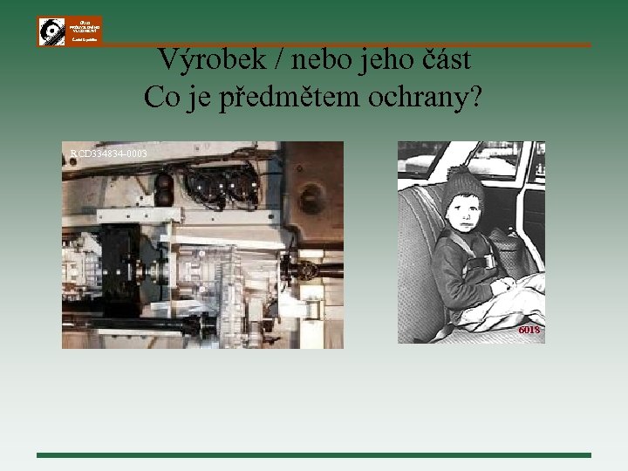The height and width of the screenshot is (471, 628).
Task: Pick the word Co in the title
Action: pos(161,97)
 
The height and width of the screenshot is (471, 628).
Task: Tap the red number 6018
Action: pos(529,331)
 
